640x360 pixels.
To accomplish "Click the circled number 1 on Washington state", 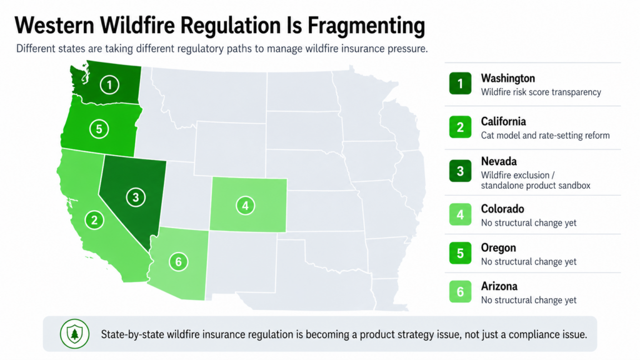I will tap(110, 84).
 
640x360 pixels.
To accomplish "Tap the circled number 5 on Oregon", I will tap(99, 129).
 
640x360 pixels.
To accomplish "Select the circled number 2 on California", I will tap(94, 219).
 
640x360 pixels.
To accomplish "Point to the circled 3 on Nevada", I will tap(136, 197).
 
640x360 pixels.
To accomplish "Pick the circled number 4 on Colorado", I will tap(246, 204).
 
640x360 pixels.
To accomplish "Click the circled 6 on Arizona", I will tap(178, 261).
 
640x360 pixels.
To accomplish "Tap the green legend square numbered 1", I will tap(461, 84).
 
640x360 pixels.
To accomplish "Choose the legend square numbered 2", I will tap(461, 127).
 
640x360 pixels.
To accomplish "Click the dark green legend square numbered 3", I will tap(461, 171).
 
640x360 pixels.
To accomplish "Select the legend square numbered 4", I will tap(461, 215).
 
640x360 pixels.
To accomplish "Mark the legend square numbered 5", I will tap(461, 254).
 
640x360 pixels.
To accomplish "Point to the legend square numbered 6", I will tap(461, 292).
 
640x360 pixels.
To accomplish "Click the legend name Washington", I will tap(507, 78).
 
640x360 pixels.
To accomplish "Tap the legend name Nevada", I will tap(499, 161).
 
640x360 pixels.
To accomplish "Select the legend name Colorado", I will tap(502, 209).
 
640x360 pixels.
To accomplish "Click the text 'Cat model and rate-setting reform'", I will tap(545, 135).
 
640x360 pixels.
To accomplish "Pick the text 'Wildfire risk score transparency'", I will tap(541, 92).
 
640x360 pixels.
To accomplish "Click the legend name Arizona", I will tap(499, 286).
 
